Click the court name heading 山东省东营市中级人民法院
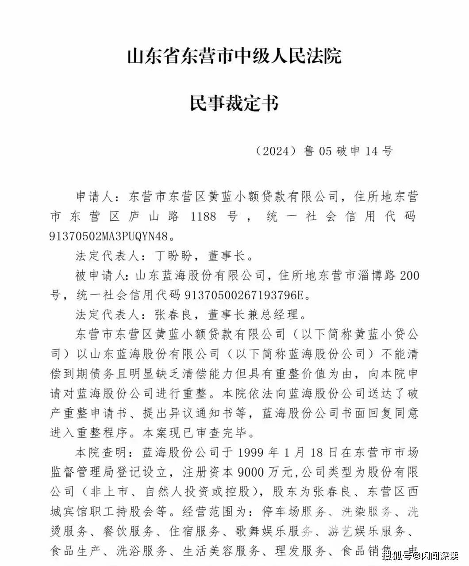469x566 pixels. [x=234, y=57]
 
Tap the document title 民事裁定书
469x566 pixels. [x=234, y=103]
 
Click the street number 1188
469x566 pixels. [x=203, y=216]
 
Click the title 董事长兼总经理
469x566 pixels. [x=251, y=314]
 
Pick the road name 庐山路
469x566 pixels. [x=149, y=216]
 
